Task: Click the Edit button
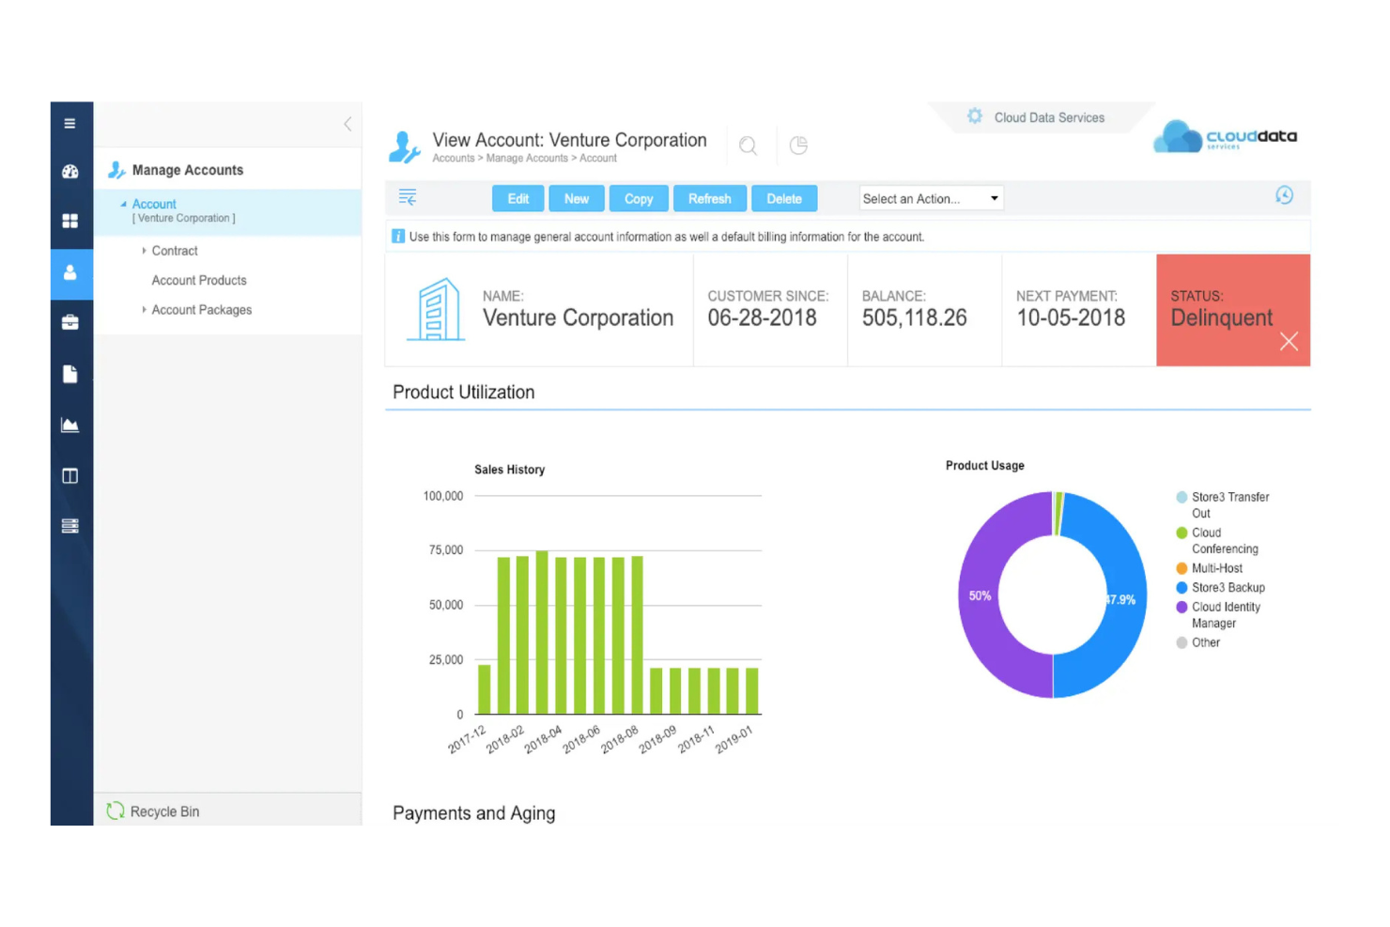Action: pos(517,198)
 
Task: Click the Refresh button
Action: pos(709,198)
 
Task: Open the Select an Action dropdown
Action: pos(931,198)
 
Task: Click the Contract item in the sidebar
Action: pos(175,251)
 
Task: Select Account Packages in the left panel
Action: pos(201,310)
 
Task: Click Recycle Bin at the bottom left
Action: pos(164,811)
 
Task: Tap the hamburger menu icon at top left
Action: pos(69,123)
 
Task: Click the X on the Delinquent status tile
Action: pos(1289,342)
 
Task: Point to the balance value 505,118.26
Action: pos(914,318)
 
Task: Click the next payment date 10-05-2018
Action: pos(1071,318)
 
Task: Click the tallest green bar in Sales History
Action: pos(542,632)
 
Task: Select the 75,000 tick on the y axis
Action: pos(446,550)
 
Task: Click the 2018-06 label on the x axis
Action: pos(581,739)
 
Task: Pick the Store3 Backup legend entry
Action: pos(1228,588)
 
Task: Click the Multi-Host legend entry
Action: pos(1216,568)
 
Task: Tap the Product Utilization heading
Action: pos(463,393)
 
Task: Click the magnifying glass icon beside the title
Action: pos(748,146)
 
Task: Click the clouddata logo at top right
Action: pos(1225,137)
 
